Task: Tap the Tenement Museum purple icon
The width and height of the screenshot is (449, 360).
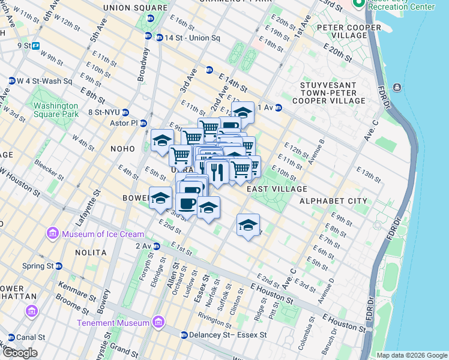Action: (158, 323)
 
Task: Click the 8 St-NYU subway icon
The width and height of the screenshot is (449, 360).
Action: (125, 112)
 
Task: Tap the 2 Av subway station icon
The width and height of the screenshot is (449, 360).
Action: (156, 246)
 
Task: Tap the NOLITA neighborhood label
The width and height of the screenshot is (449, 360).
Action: (91, 253)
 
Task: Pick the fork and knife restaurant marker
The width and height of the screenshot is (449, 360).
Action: (217, 171)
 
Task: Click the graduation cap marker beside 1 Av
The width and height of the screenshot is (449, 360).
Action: (243, 112)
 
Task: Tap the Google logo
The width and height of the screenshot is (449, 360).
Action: (19, 353)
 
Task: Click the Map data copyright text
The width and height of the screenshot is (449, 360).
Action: (411, 355)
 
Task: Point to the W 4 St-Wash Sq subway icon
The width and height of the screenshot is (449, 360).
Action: (11, 81)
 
